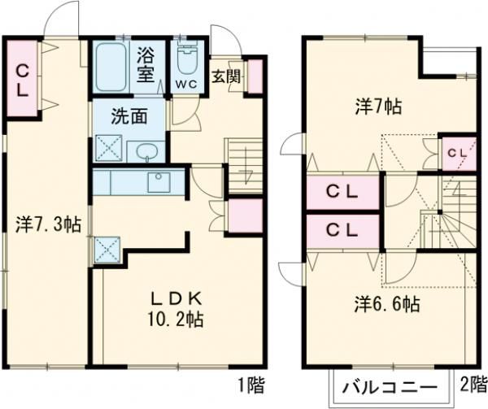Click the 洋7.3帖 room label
click(x=48, y=224)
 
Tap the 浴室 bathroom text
click(x=146, y=65)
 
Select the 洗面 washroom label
click(x=130, y=115)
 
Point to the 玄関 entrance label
click(x=226, y=78)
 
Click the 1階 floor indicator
click(x=251, y=382)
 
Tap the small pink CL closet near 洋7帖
click(x=455, y=152)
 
